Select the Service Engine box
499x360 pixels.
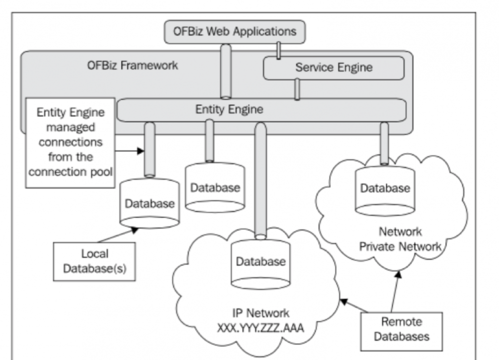[333, 67]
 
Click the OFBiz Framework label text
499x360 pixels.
[132, 65]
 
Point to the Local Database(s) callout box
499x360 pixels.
[95, 261]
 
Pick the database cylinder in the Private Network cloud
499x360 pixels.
[385, 190]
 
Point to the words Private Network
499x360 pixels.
[401, 246]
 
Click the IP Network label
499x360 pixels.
[261, 314]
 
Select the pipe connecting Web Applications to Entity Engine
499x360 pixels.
[226, 71]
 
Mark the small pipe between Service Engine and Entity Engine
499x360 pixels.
[297, 89]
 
